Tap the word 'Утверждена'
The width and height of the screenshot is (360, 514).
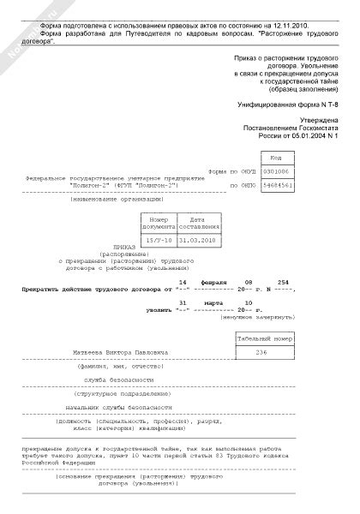click(x=321, y=121)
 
